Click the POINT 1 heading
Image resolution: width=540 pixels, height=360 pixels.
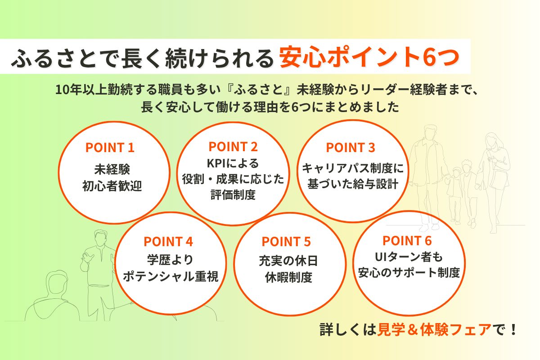tap(110, 148)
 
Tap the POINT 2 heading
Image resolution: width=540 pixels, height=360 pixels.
tap(233, 147)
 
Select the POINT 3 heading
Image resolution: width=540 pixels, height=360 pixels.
tap(351, 148)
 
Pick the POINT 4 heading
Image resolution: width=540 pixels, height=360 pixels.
tap(168, 242)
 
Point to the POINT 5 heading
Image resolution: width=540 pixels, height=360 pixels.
tap(286, 242)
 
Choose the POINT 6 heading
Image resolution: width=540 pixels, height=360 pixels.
tap(407, 241)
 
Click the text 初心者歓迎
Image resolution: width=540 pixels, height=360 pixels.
tap(112, 186)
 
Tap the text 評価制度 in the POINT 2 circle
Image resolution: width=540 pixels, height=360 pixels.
tap(233, 195)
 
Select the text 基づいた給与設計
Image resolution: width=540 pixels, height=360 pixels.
tap(353, 184)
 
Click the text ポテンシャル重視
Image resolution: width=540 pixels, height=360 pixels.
tap(171, 276)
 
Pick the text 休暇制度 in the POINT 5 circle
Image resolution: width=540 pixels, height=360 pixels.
tap(288, 278)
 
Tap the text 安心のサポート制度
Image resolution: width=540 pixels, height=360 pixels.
tap(409, 273)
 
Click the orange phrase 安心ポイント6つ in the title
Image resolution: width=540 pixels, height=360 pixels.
tap(369, 57)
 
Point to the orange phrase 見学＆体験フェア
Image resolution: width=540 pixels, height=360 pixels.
tap(434, 329)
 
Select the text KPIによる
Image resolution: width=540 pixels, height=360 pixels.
tap(233, 163)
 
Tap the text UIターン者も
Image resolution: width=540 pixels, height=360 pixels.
tap(409, 257)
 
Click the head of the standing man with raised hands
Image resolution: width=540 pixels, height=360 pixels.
tap(100, 237)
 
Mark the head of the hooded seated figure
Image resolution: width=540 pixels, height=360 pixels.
tap(57, 283)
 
